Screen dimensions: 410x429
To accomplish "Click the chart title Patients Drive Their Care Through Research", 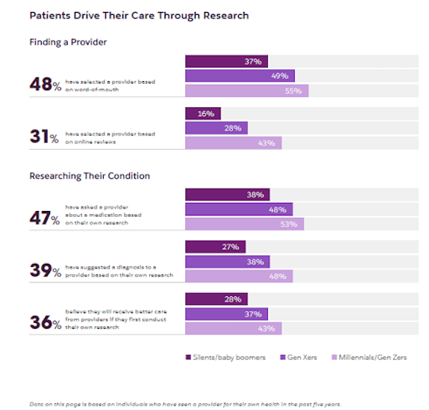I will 139,15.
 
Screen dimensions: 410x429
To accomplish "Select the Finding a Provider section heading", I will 68,42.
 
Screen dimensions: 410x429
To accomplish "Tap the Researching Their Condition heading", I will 90,176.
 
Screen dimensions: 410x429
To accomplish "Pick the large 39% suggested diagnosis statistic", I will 44,270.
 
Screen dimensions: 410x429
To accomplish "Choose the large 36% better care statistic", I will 44,322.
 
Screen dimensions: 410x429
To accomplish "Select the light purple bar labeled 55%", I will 246,91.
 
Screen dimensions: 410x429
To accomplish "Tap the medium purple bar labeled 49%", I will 239,76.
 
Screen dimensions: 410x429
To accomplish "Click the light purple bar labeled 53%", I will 244,224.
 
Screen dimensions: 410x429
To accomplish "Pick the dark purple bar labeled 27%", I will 215,247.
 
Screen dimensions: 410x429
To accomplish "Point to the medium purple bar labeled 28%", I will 216,128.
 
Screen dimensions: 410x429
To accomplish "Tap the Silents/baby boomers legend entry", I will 225,357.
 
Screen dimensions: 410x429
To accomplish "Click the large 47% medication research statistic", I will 44,218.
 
